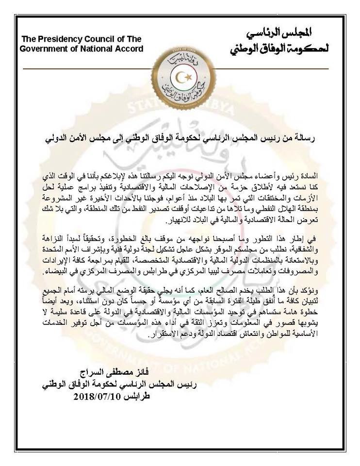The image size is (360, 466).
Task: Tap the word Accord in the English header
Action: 129,49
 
